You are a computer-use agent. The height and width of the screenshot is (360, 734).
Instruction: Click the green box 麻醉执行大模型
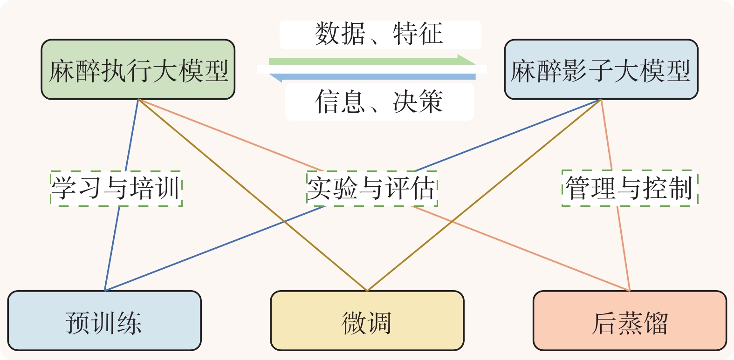(138, 70)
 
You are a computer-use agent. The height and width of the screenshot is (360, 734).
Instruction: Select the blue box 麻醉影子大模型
(601, 70)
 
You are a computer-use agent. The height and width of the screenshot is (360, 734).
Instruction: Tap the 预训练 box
(104, 321)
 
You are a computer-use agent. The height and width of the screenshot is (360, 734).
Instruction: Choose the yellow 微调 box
(367, 321)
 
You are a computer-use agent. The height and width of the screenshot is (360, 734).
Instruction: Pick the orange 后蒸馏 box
(630, 321)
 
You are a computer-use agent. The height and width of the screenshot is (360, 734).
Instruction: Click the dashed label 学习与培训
(116, 189)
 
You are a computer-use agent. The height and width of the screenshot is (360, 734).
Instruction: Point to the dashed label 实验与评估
(371, 189)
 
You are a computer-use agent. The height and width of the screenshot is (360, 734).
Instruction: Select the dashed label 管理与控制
(630, 189)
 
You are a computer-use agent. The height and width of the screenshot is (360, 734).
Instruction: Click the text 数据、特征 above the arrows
(379, 34)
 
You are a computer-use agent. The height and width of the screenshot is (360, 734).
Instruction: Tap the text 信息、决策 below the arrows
(379, 102)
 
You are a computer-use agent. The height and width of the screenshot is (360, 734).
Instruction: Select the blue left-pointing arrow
(373, 77)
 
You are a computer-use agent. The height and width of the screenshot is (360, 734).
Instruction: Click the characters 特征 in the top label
(418, 34)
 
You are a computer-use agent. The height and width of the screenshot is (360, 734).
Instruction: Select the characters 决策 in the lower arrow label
(418, 102)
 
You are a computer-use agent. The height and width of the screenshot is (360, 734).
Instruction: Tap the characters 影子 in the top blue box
(587, 71)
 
